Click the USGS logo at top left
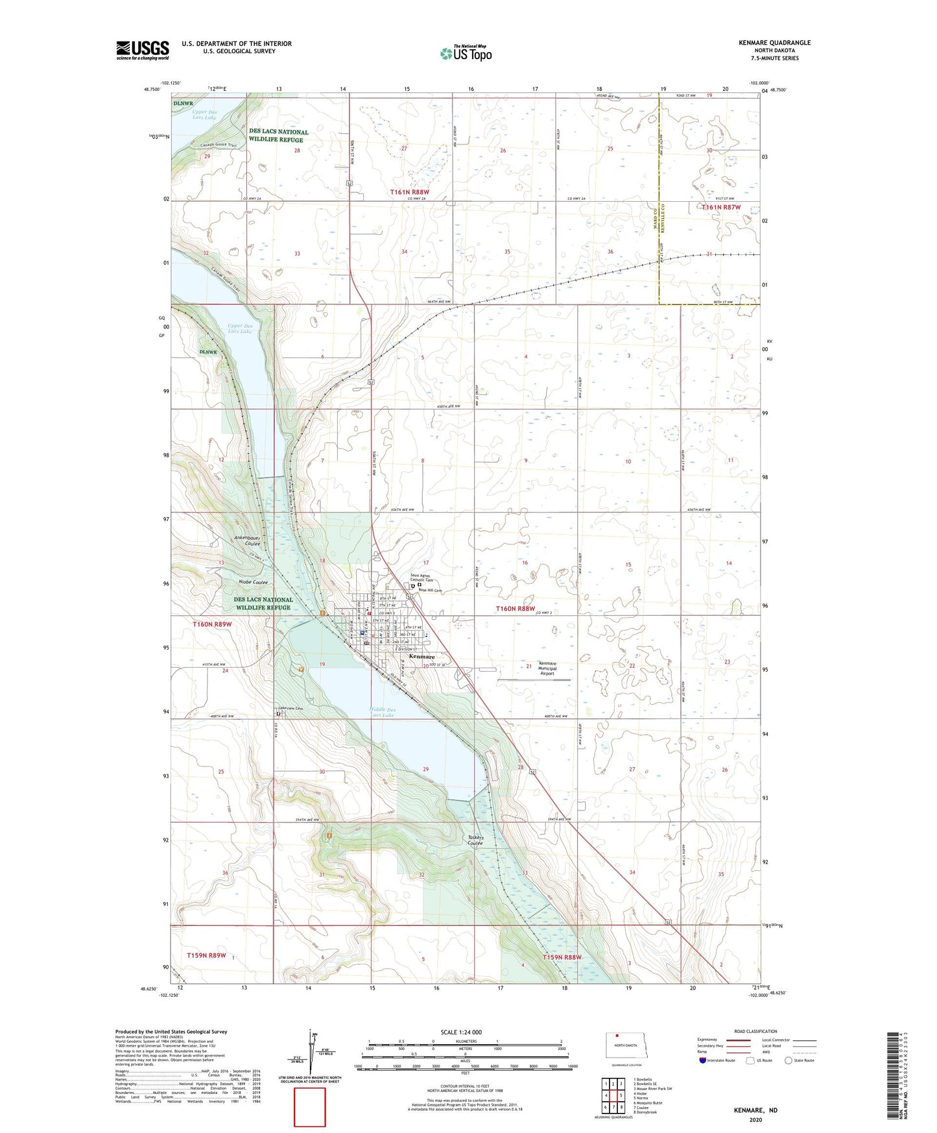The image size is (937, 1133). click(x=142, y=50)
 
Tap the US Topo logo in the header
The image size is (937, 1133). click(x=466, y=53)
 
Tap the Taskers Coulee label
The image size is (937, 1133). click(x=475, y=840)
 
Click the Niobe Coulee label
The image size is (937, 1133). click(x=253, y=582)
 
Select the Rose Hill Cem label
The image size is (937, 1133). click(x=430, y=591)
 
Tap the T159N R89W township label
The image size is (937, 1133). click(x=206, y=955)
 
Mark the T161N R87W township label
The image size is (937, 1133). click(x=721, y=207)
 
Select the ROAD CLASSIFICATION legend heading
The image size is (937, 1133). click(x=755, y=1031)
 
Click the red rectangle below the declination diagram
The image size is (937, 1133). click(x=310, y=1107)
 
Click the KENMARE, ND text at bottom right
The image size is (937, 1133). click(x=755, y=1110)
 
